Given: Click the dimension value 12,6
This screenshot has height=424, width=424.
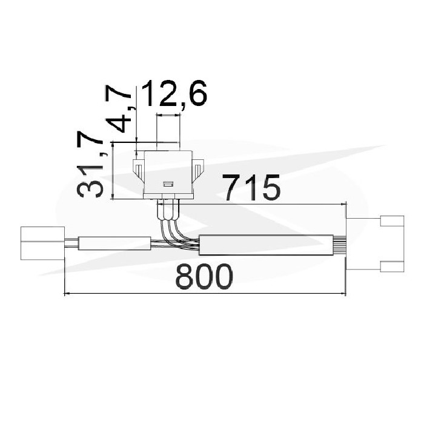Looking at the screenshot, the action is tap(174, 94).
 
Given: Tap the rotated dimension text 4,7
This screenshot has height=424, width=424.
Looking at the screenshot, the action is tap(119, 108).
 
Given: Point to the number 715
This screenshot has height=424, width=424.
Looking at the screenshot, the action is tap(251, 188).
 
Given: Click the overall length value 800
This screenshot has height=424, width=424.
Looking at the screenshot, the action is tap(204, 276).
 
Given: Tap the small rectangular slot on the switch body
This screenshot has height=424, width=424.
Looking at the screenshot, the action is tap(168, 184).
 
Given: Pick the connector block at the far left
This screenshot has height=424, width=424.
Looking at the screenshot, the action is tap(43, 243).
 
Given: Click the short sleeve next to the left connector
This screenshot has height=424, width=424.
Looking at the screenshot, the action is tap(114, 243).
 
